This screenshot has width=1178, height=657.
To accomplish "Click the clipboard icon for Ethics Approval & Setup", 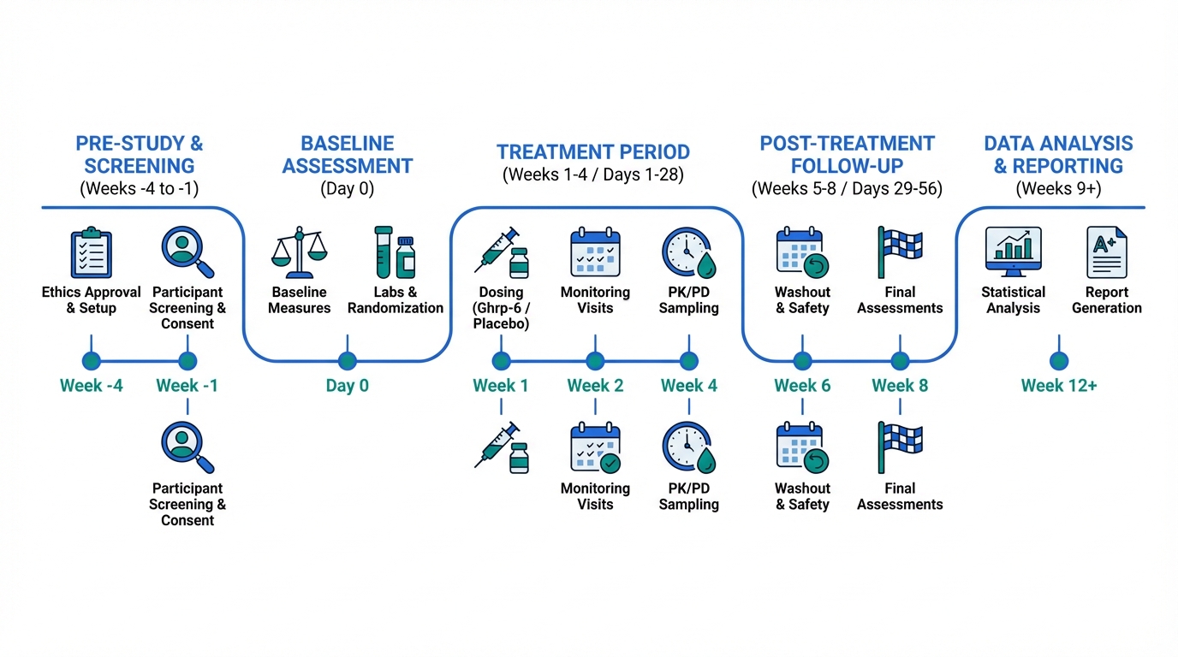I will click(x=91, y=252).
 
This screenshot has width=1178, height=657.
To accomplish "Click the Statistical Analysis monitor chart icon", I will click(x=1013, y=252).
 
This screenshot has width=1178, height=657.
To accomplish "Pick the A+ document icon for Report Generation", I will click(x=1106, y=252).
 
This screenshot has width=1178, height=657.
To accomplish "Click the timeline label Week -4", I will click(x=91, y=386).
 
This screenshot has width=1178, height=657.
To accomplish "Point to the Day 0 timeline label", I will click(x=347, y=386).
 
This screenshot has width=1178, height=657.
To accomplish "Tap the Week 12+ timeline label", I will click(x=1059, y=386).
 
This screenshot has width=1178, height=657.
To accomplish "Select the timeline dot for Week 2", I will click(x=595, y=361).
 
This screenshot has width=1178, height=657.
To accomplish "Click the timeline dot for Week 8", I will click(x=900, y=361).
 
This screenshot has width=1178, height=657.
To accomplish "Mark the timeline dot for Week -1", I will click(x=187, y=361).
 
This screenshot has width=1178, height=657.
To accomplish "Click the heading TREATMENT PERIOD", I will click(x=593, y=152).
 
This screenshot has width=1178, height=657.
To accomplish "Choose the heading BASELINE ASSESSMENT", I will click(x=348, y=155).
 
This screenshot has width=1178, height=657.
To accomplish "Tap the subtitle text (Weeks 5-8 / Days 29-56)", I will click(x=847, y=189).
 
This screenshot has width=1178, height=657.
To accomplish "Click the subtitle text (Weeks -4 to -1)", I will click(x=139, y=189).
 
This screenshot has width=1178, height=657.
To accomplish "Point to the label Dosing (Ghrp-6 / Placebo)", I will click(x=502, y=308).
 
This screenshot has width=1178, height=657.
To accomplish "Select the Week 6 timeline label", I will click(x=802, y=386).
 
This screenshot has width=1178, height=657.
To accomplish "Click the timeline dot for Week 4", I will click(x=688, y=361).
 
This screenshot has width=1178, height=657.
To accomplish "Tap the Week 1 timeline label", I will click(x=501, y=386).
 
